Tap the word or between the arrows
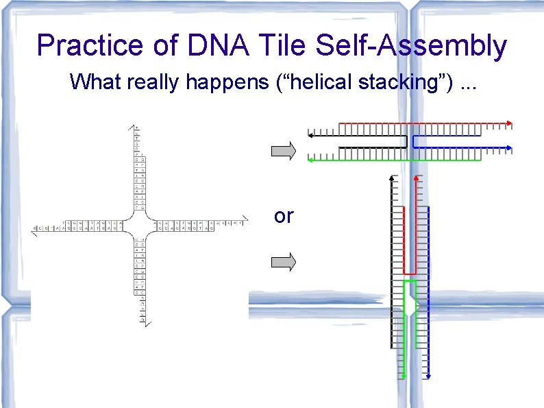click(x=283, y=216)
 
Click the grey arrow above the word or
click(x=284, y=149)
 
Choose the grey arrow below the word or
click(x=284, y=261)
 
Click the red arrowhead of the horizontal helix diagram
click(x=509, y=124)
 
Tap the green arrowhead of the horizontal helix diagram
click(x=311, y=160)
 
